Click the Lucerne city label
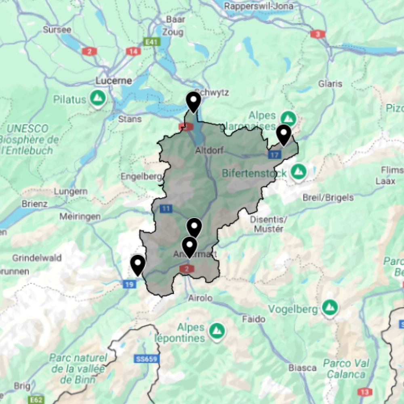click(x=114, y=81)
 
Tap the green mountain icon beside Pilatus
click(x=97, y=98)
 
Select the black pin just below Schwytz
click(x=194, y=102)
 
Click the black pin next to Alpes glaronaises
click(x=284, y=135)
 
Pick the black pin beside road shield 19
click(x=138, y=265)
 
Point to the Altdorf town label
click(x=209, y=151)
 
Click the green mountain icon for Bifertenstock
click(x=299, y=172)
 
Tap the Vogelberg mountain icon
click(x=330, y=308)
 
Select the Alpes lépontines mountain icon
click(x=217, y=332)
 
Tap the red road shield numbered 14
click(x=133, y=51)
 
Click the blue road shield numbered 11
click(x=166, y=209)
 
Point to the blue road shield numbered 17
click(x=275, y=155)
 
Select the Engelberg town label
click(x=141, y=177)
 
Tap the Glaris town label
click(x=330, y=84)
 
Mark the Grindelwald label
click(x=37, y=258)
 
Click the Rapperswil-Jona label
click(x=259, y=6)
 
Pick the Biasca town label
click(x=303, y=368)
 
